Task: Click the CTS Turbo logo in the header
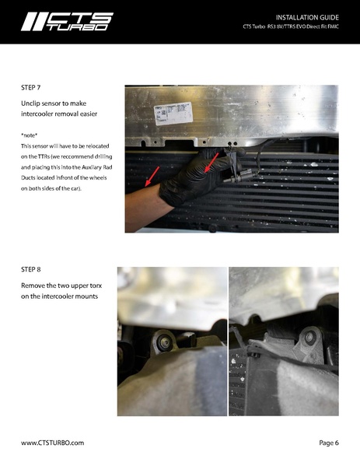tap(67, 21)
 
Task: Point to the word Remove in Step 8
tap(35, 286)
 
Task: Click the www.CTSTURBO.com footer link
tap(52, 442)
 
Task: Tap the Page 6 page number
tap(328, 442)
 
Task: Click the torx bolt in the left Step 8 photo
tap(164, 340)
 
